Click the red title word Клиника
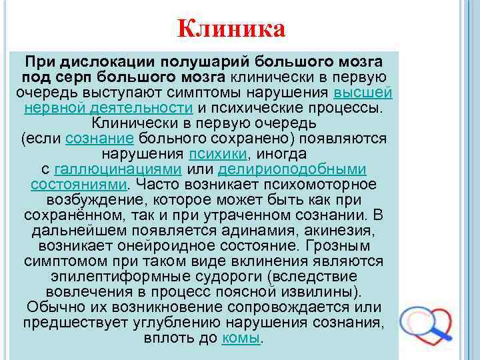coord(232,29)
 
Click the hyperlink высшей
coord(363,92)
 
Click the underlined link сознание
coord(101,138)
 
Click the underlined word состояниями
coord(78,184)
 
